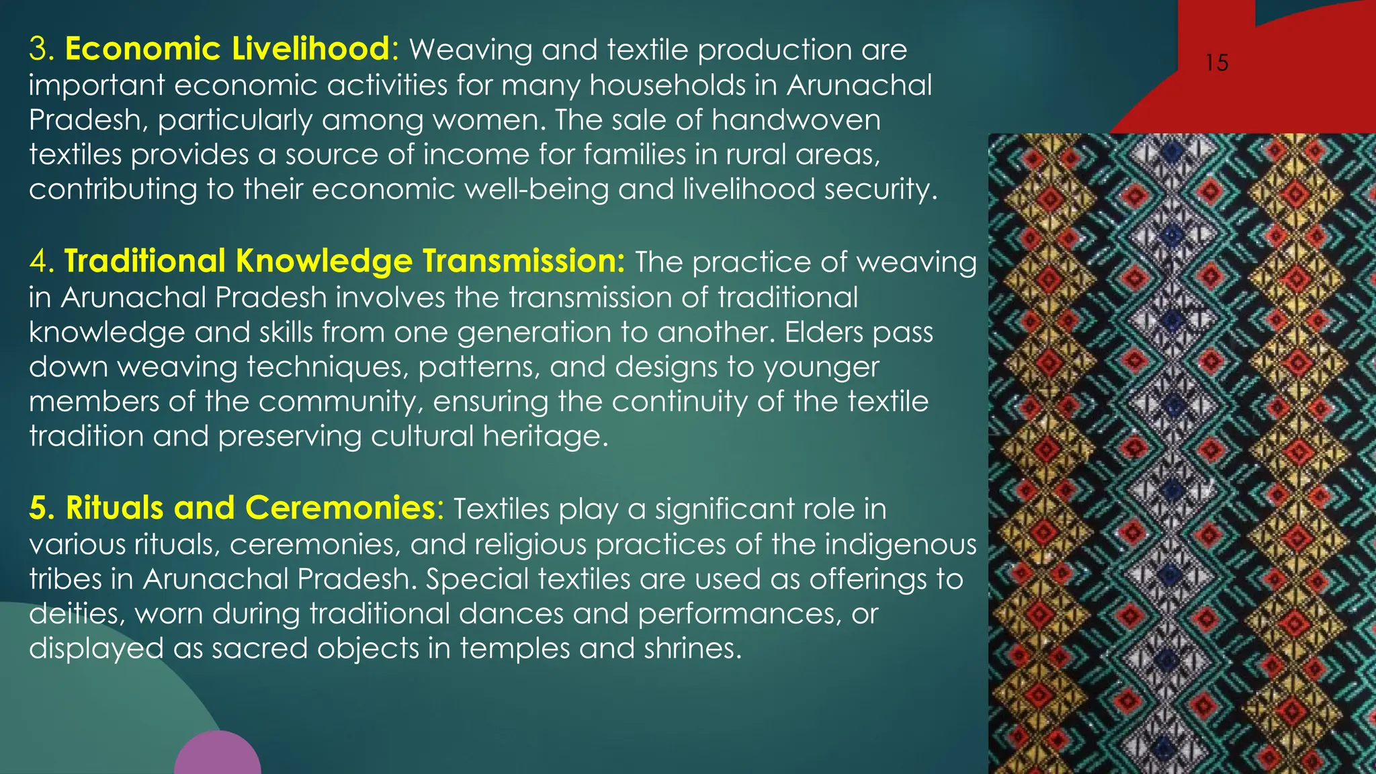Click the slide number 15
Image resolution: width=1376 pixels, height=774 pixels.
coord(1216,63)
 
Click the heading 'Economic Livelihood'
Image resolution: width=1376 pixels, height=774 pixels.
coord(227,49)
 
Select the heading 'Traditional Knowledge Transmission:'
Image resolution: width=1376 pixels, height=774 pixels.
coord(345,261)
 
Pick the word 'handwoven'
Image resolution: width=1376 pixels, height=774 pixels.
coord(796,120)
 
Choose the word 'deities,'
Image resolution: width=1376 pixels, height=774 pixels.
coord(77,614)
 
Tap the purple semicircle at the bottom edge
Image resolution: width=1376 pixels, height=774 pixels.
coord(217,756)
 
